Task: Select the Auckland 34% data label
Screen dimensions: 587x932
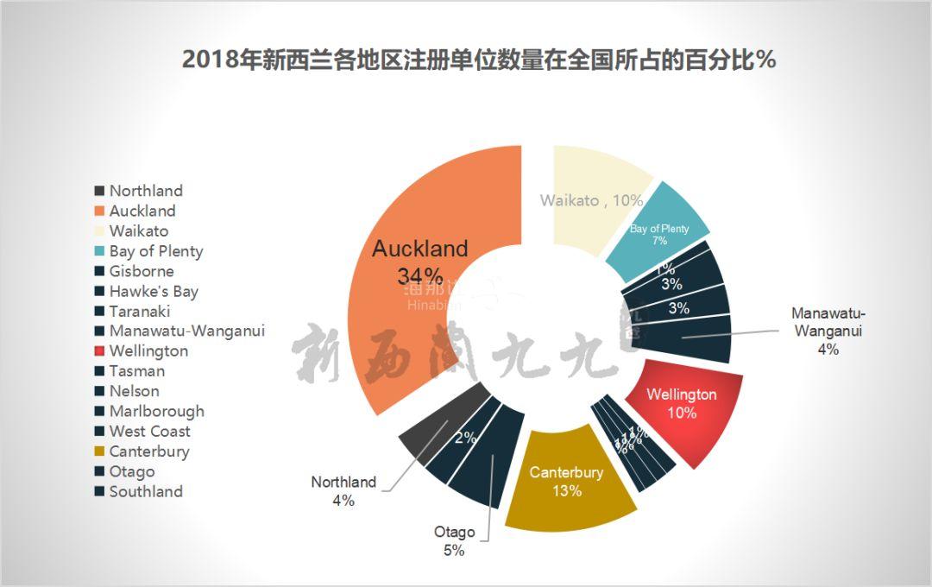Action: (x=420, y=262)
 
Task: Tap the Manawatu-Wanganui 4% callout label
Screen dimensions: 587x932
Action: (x=828, y=331)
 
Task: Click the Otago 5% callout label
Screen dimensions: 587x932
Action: (x=454, y=541)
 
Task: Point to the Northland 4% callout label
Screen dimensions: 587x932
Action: (x=343, y=491)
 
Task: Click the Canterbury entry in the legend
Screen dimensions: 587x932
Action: (x=149, y=451)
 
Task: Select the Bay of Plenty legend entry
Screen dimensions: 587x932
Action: (x=156, y=251)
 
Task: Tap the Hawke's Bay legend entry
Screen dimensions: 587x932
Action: (x=154, y=292)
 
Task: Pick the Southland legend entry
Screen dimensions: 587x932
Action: (x=146, y=491)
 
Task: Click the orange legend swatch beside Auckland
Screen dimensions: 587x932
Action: (x=99, y=211)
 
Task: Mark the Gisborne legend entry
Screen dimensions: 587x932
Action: (x=142, y=271)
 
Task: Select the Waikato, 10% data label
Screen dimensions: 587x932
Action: (x=592, y=200)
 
